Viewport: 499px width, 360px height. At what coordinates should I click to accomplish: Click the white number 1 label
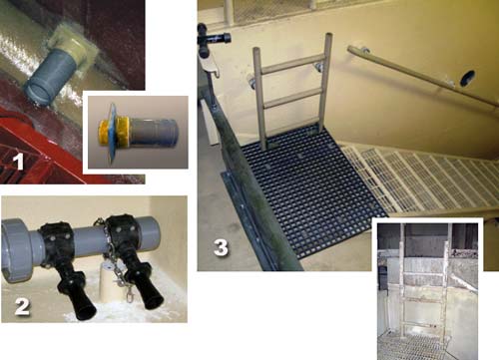(19, 163)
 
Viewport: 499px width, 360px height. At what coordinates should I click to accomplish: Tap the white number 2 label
(22, 306)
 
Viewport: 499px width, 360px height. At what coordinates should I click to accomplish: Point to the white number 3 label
(222, 247)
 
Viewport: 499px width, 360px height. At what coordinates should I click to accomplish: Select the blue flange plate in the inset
(113, 132)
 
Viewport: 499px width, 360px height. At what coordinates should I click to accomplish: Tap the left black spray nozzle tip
(87, 313)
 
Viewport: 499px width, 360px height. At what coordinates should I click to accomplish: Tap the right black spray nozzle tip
(153, 302)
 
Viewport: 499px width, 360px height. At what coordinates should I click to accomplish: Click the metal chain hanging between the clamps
(112, 259)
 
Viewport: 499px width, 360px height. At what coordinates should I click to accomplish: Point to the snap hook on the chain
(129, 294)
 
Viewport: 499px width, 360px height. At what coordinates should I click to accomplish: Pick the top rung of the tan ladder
(288, 64)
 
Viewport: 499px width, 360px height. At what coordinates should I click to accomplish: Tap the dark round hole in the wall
(467, 79)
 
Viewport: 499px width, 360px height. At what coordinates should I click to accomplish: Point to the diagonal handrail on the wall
(422, 76)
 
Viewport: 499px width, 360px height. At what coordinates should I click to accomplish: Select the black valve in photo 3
(213, 37)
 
